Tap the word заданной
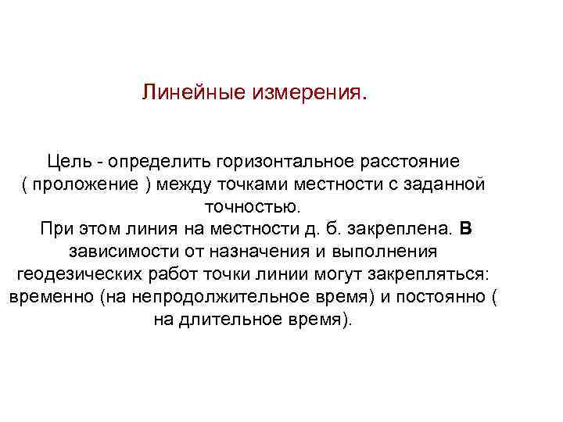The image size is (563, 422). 450,184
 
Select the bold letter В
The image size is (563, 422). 466,230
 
